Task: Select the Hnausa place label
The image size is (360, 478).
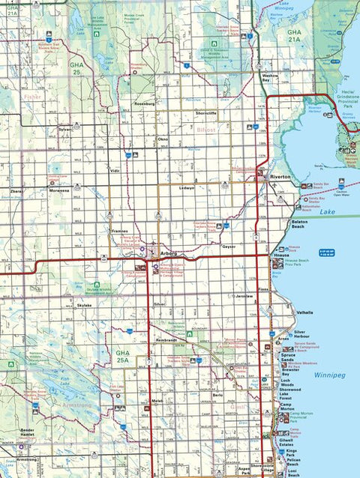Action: [x=282, y=255]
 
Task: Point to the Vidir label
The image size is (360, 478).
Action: [x=115, y=171]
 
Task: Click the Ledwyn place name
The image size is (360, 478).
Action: [x=186, y=187]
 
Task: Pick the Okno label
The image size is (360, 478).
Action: [x=163, y=139]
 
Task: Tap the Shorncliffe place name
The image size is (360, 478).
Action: [x=206, y=113]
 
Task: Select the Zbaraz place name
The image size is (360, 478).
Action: [x=17, y=191]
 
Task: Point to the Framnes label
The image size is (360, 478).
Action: [x=119, y=232]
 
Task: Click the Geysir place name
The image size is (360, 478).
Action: [x=229, y=246]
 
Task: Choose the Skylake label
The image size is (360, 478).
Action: [x=84, y=306]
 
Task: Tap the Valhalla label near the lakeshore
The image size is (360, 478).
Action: [x=304, y=312]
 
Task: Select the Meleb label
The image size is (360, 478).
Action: [x=157, y=402]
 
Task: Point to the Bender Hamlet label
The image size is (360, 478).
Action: [x=28, y=434]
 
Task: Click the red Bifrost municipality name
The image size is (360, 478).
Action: [x=205, y=130]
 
